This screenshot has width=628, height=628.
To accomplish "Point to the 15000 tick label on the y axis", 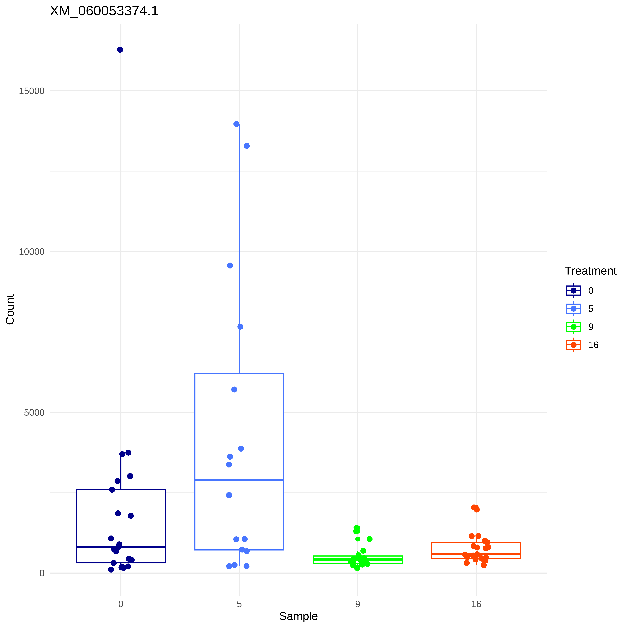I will pos(32,91).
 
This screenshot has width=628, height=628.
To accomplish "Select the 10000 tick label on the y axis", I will pos(32,252).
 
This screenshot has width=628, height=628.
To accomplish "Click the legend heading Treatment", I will pos(590,271).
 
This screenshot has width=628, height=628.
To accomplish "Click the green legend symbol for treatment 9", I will pos(573,327).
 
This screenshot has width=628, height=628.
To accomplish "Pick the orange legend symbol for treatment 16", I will pos(573,345).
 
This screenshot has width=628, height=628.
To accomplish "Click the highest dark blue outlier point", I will pos(120,50).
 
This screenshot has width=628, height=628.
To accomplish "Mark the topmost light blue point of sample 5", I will pos(236,124).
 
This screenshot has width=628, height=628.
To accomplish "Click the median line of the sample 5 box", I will pos(239,480).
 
